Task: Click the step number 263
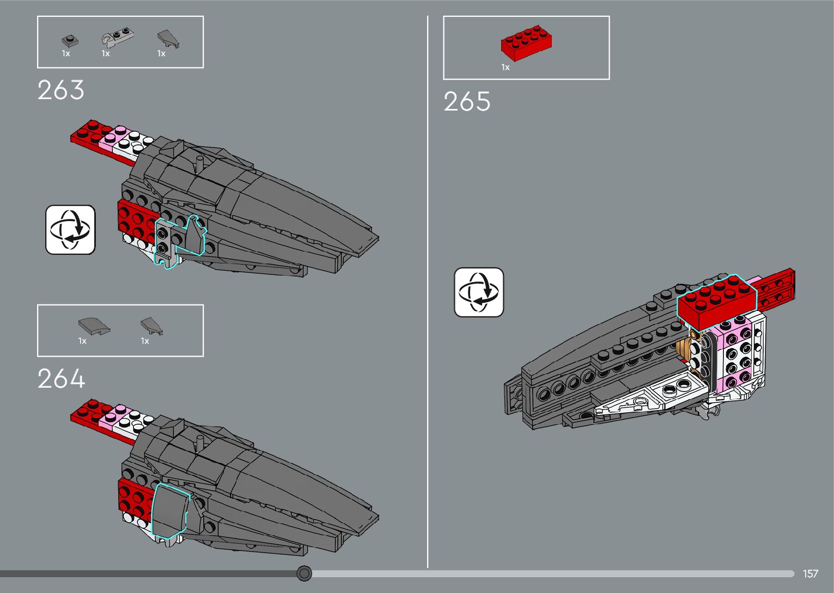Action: click(x=61, y=90)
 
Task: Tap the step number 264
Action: click(x=61, y=379)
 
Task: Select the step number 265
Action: click(x=467, y=102)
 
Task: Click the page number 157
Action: click(x=810, y=573)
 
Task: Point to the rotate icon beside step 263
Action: click(x=70, y=229)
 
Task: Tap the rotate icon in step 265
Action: click(x=479, y=292)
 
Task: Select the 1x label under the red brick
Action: click(x=506, y=68)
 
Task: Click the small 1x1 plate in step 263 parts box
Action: click(x=69, y=40)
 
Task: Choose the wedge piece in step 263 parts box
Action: click(x=168, y=39)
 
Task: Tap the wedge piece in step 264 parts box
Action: click(x=151, y=326)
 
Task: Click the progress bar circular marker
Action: click(x=305, y=573)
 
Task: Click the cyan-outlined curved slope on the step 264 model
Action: click(x=169, y=511)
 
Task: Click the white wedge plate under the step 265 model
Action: click(x=648, y=398)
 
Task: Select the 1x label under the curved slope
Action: click(x=82, y=341)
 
